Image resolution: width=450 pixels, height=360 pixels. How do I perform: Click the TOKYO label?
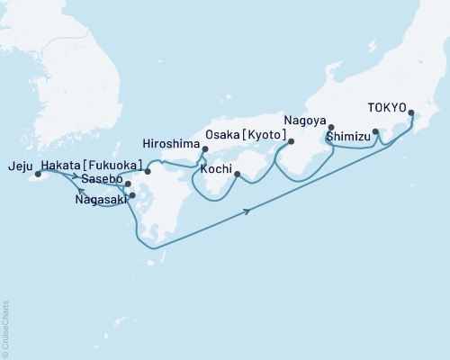click(x=387, y=105)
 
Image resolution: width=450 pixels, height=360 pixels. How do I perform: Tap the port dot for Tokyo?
click(x=411, y=113)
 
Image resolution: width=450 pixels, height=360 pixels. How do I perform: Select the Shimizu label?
click(x=347, y=136)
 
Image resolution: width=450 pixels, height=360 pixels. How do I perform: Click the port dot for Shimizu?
click(x=375, y=131)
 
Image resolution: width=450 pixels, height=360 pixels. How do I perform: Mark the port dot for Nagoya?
click(x=331, y=127)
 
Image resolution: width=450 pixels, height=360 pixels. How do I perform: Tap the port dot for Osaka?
click(x=291, y=141)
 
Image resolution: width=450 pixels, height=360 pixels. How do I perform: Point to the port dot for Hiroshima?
click(x=205, y=150)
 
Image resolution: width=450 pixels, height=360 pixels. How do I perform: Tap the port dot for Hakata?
click(x=148, y=170)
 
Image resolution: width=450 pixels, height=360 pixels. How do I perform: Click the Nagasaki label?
click(x=101, y=201)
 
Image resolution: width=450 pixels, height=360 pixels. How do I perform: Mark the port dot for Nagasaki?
click(x=132, y=195)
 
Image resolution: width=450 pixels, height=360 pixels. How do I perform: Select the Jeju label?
click(x=18, y=166)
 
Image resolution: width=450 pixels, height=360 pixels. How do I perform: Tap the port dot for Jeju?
click(x=38, y=175)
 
